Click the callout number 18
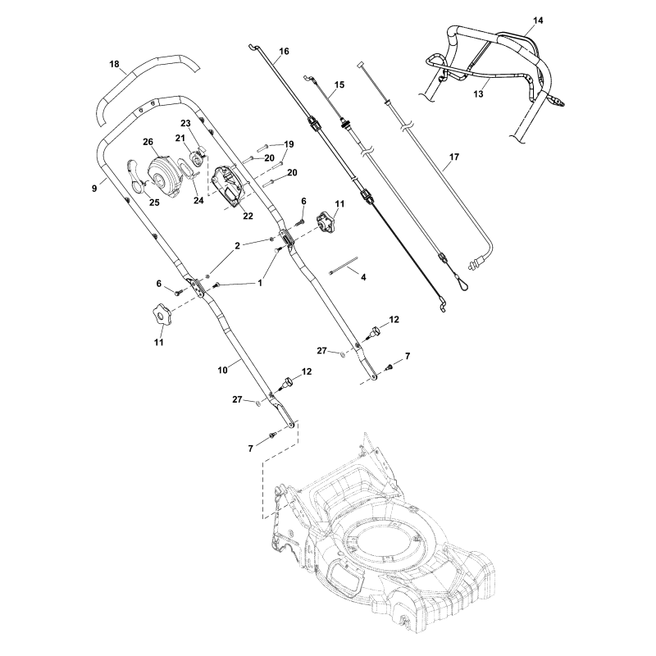(x=114, y=63)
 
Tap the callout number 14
(x=537, y=18)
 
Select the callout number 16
(x=284, y=52)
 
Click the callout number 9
(x=95, y=188)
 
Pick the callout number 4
(x=363, y=278)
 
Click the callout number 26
(x=148, y=142)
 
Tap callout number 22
(x=247, y=216)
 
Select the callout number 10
(x=222, y=371)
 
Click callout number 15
(x=339, y=85)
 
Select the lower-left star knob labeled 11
(x=157, y=313)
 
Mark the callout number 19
(x=288, y=144)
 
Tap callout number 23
(x=185, y=123)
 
